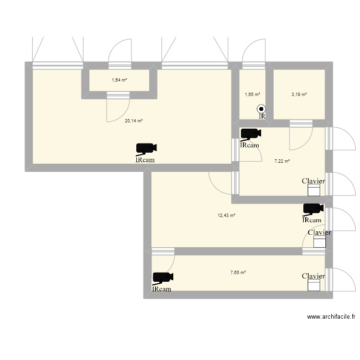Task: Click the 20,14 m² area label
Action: tap(133, 120)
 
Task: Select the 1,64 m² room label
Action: tap(120, 80)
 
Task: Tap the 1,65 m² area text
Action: tap(252, 94)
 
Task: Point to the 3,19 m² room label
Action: tap(299, 94)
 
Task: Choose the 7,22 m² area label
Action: tap(282, 161)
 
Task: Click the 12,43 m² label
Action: tap(227, 216)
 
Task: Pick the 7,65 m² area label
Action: tap(238, 273)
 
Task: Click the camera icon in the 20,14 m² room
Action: tap(146, 148)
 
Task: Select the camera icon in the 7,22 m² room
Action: tap(251, 133)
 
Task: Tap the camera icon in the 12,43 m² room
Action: tap(313, 209)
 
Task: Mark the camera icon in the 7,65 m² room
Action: tap(163, 277)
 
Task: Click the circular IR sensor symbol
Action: tap(261, 109)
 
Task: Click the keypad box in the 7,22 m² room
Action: tap(314, 190)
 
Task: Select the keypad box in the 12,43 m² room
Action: tap(320, 241)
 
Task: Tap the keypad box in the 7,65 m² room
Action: tap(314, 285)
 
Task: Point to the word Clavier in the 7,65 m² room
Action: tap(313, 276)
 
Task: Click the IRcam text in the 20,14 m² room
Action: tap(145, 160)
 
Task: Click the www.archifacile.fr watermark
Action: tap(331, 317)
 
